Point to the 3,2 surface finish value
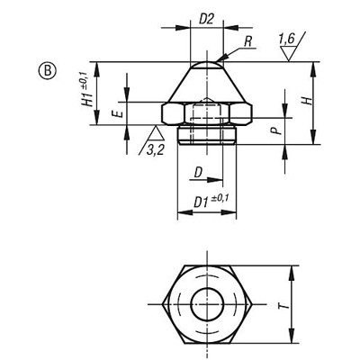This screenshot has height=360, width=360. (158, 148)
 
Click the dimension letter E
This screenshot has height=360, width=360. (116, 114)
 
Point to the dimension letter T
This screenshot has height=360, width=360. (284, 305)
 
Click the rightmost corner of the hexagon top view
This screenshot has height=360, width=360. (253, 304)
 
